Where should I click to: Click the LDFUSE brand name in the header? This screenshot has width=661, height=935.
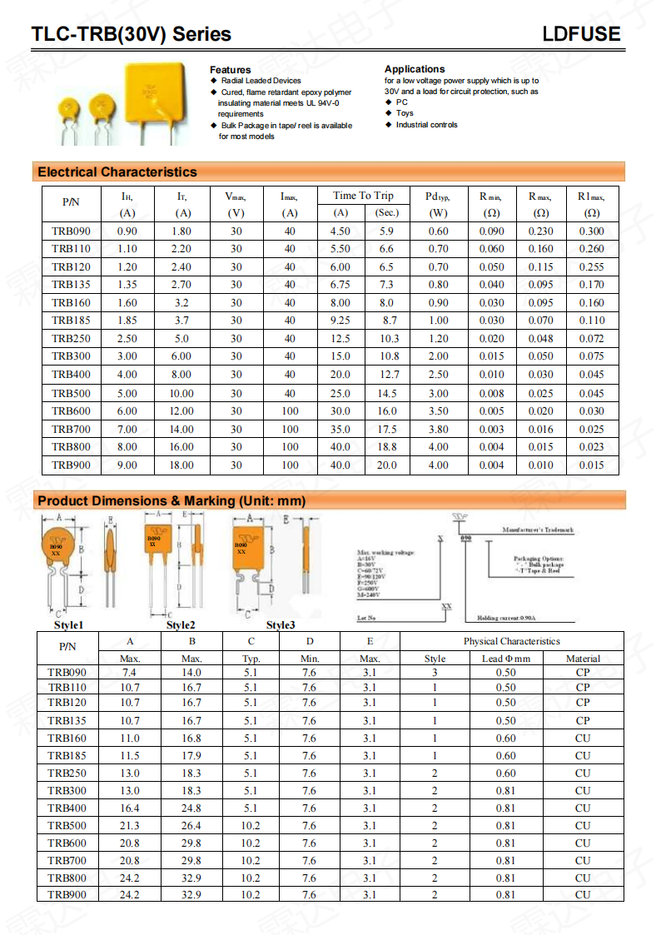coord(581,34)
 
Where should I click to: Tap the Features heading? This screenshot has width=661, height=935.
coord(230,69)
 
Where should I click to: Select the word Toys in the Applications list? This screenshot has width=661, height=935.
coord(405,113)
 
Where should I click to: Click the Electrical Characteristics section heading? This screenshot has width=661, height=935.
coord(117,172)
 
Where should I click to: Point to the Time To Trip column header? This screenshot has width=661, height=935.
coord(363,196)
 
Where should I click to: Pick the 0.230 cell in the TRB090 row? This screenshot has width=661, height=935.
coord(540,231)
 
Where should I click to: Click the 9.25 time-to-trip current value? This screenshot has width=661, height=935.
coord(340,321)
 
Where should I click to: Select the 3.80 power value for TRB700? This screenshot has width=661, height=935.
coord(438,430)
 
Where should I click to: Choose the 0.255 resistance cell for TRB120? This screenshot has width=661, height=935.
coord(591,267)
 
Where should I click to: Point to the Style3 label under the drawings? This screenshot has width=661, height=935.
coord(281,624)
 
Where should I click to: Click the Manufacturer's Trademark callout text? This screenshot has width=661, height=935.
coord(538,530)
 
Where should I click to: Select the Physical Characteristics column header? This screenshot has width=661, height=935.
coord(511,641)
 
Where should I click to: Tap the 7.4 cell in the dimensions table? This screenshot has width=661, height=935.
coord(129,672)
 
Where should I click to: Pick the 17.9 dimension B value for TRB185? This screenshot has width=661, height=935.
coord(191,756)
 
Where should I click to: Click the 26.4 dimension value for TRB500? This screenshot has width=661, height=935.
coord(191,826)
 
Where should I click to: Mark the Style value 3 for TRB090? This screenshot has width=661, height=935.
coord(435,672)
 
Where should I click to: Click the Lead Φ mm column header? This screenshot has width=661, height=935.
coord(505,659)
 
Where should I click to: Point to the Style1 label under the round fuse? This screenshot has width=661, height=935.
coord(69,624)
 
